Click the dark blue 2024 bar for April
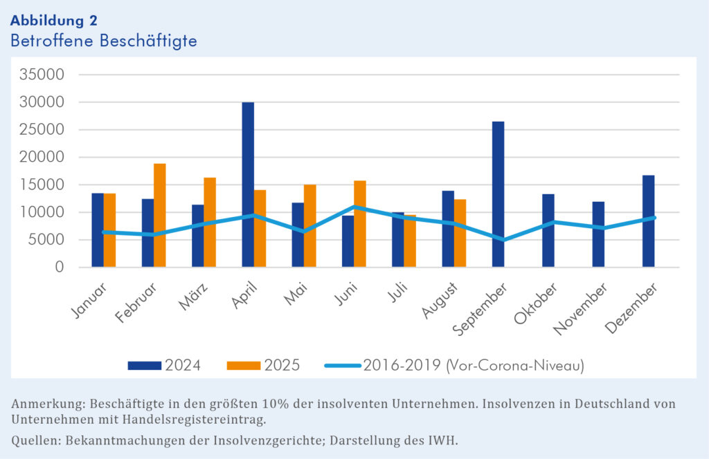coord(248,185)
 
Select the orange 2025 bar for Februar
coord(160,216)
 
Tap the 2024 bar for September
coord(499,194)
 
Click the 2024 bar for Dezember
coord(649,221)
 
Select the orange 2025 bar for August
coord(460,233)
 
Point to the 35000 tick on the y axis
coord(42,75)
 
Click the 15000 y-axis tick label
coord(42,185)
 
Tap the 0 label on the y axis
coord(59,268)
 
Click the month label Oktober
coord(535,302)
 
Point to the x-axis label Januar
coord(89,299)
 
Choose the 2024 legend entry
coord(164,365)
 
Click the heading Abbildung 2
coord(54,20)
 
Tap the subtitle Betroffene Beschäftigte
coord(104,41)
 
